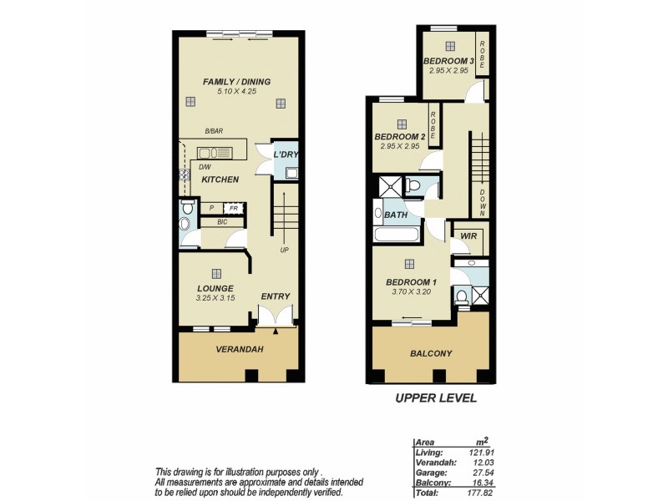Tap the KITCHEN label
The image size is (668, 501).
[x=220, y=180]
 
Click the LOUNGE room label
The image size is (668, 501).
[x=215, y=288]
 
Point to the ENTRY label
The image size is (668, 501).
[x=276, y=296]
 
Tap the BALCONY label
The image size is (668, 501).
[x=431, y=353]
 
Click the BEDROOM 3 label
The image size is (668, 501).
[x=448, y=62]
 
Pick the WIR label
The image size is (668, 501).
[x=467, y=236]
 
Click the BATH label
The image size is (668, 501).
[x=395, y=215]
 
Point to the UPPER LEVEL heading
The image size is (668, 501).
[x=435, y=398]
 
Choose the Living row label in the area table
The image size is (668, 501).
[x=428, y=452]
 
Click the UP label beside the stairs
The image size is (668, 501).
[x=285, y=250]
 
